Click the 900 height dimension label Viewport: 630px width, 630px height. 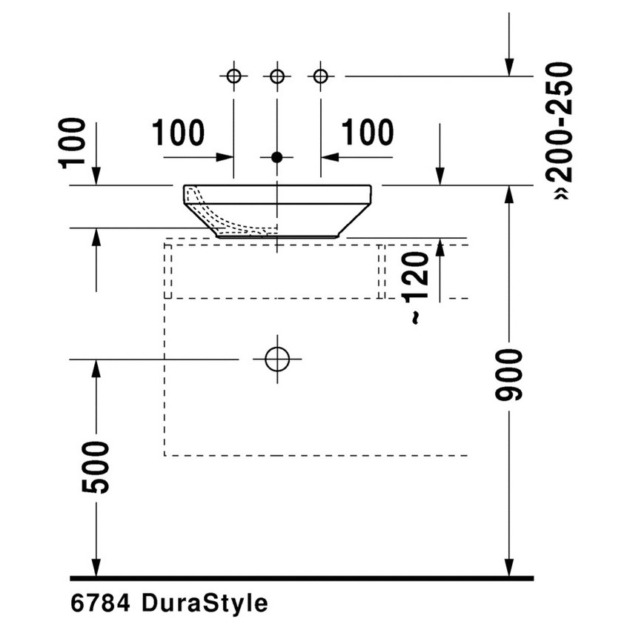pyautogui.click(x=512, y=374)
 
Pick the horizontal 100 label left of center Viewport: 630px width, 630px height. pyautogui.click(x=178, y=133)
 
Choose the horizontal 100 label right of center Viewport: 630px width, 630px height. pyautogui.click(x=368, y=133)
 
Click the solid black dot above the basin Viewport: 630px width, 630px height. pyautogui.click(x=277, y=157)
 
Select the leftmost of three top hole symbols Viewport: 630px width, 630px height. pyautogui.click(x=233, y=76)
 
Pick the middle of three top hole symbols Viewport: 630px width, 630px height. pyautogui.click(x=277, y=76)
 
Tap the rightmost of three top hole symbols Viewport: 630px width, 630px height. pyautogui.click(x=320, y=76)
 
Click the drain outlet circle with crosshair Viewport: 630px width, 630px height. pyautogui.click(x=277, y=359)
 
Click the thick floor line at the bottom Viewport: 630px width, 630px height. pyautogui.click(x=302, y=577)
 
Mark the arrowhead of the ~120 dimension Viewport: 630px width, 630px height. pyautogui.click(x=440, y=248)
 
